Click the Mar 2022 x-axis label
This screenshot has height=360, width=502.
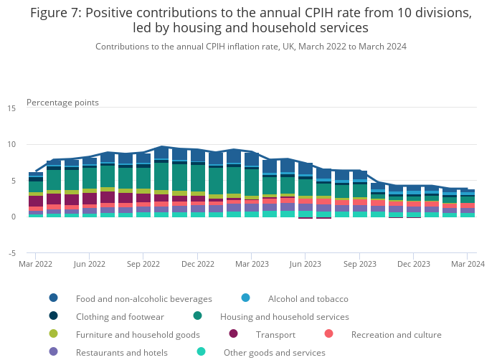pos(36,264)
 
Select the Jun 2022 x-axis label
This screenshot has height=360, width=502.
pos(90,264)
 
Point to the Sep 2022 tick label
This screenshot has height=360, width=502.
pos(143,264)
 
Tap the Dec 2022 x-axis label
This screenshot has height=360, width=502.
pos(197,264)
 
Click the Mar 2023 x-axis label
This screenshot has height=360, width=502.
pos(251,264)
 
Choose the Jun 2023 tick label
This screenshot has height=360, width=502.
pos(306,264)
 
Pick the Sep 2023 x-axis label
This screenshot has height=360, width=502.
pos(359,264)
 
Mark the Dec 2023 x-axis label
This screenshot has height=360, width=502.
pos(413,264)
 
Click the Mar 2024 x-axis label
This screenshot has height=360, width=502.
pos(467,264)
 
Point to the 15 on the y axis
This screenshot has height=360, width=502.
pos(11,108)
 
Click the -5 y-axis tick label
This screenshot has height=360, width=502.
pos(11,253)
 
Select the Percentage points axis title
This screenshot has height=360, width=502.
pos(62,103)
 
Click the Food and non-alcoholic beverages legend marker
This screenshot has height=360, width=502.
pos(54,298)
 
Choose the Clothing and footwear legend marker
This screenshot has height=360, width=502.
pos(54,316)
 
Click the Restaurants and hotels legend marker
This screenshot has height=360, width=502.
pos(54,352)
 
